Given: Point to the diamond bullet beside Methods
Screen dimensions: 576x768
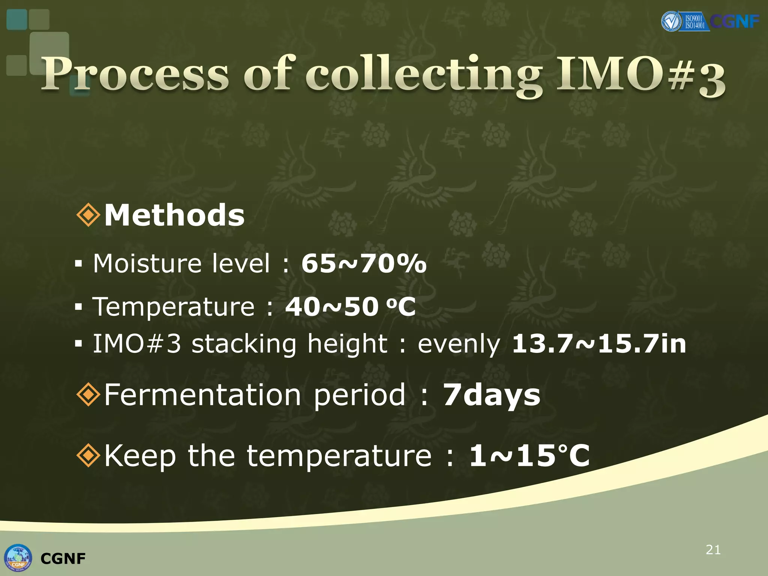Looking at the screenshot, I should [x=88, y=215].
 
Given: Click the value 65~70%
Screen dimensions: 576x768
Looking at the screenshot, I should [x=364, y=263].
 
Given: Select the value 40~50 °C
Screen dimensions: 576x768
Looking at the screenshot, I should [x=350, y=307].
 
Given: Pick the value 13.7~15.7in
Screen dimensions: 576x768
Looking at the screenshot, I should [x=599, y=343].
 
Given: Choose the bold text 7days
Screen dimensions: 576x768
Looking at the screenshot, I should [x=492, y=395].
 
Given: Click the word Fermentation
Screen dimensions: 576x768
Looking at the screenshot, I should [x=202, y=395].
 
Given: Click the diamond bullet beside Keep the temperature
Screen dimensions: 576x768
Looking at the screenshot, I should [x=88, y=456].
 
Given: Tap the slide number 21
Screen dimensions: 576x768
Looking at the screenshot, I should [x=713, y=550].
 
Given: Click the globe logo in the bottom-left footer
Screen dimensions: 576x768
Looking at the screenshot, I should [x=18, y=558].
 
